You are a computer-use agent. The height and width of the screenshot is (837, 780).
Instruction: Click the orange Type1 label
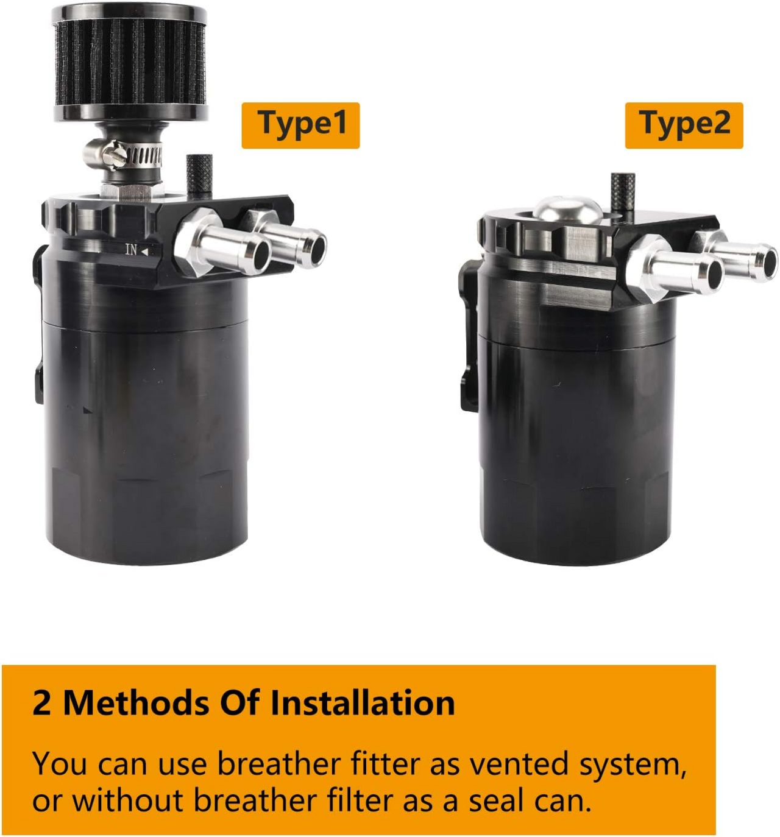tap(300, 125)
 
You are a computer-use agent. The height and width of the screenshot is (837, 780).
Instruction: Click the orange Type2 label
tap(684, 125)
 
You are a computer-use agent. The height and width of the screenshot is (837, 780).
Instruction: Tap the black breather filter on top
tap(130, 61)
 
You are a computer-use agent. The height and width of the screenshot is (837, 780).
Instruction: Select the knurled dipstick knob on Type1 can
tap(199, 175)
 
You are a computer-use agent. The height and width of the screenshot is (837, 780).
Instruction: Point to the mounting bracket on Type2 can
tap(469, 335)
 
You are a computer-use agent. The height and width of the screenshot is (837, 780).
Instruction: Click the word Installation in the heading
tap(363, 703)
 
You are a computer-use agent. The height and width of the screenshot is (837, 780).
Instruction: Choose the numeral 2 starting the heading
tap(41, 703)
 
